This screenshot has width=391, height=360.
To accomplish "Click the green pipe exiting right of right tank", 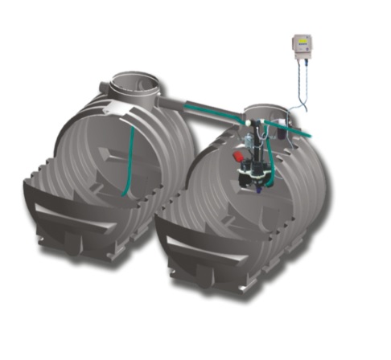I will click(x=307, y=131).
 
